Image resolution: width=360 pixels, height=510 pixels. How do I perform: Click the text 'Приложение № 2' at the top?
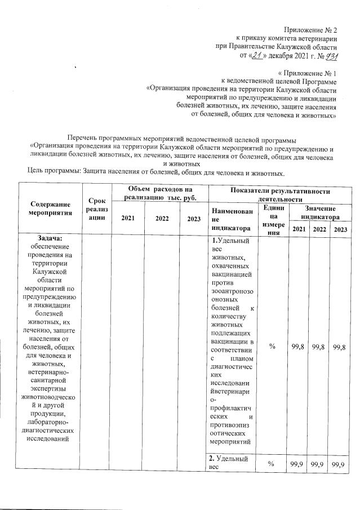pyautogui.click(x=309, y=29)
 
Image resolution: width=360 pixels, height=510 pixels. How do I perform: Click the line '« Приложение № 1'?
pyautogui.click(x=308, y=73)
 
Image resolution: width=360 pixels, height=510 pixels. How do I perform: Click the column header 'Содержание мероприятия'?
pyautogui.click(x=51, y=209)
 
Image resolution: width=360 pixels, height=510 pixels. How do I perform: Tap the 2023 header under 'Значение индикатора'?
pyautogui.click(x=340, y=229)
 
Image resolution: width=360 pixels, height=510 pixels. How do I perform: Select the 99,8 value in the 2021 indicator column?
pyautogui.click(x=298, y=347)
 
